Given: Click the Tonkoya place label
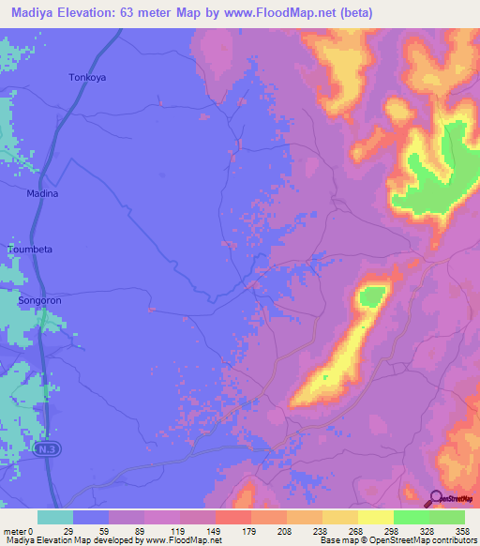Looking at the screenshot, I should (87, 78).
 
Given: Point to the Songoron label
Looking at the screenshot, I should (40, 301).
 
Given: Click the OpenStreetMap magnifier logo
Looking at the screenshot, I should (436, 498).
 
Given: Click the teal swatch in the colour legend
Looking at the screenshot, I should (55, 517).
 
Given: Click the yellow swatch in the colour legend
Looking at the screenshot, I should (375, 517).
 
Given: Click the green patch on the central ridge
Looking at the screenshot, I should (372, 296).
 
